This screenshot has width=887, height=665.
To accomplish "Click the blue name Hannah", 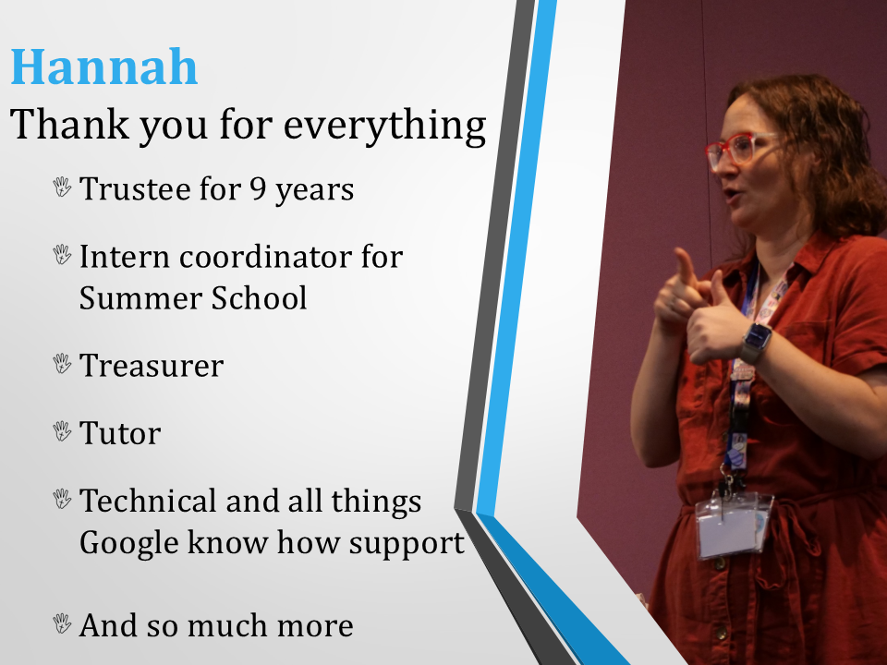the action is click(104, 66).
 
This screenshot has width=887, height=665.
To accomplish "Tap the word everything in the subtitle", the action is click(384, 125).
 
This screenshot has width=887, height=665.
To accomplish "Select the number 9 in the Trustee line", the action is click(258, 188).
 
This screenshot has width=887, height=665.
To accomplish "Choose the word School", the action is click(259, 298).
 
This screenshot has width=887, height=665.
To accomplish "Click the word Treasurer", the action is click(152, 366).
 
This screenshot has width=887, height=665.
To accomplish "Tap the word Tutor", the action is click(120, 434).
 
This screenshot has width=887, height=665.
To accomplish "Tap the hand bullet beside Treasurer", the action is click(62, 364).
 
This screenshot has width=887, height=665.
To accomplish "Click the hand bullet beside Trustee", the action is click(62, 187).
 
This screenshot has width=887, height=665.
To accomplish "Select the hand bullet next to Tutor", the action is click(62, 431).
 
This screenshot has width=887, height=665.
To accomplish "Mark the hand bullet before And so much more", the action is click(62, 623).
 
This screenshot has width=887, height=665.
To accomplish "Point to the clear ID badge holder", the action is click(733, 525).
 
